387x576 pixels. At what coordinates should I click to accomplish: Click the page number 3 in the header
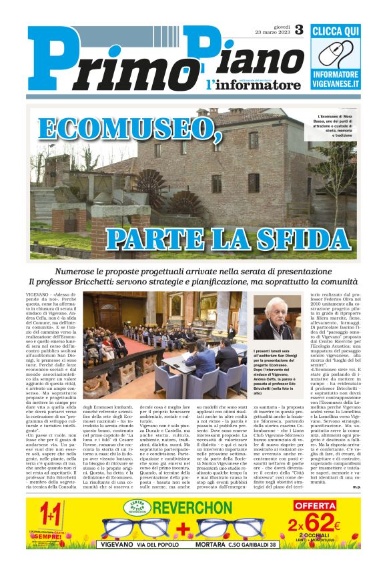pyautogui.click(x=298, y=29)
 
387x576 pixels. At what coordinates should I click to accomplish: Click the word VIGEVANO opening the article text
pyautogui.click(x=37, y=294)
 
